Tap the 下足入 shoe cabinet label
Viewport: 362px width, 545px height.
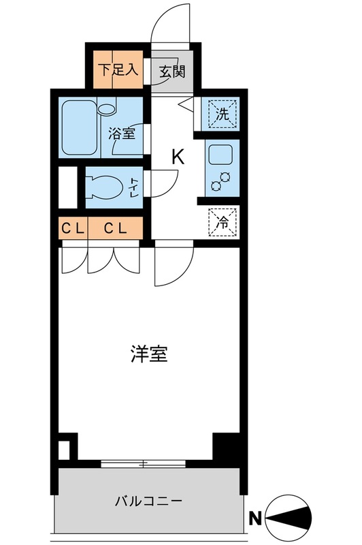tap(118, 69)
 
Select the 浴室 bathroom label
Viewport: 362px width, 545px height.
tap(122, 134)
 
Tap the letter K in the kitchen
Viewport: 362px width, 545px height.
tap(178, 157)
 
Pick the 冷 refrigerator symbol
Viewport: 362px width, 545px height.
tap(223, 221)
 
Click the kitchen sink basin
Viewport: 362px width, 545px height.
tap(222, 157)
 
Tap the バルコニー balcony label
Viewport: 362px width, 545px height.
tap(148, 501)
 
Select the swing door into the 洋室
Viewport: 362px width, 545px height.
tap(173, 266)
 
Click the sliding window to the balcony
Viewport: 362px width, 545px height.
tap(144, 464)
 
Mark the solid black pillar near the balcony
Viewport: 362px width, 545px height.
tap(226, 448)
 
